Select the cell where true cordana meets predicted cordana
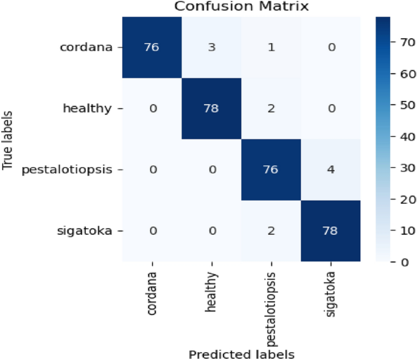(x=152, y=48)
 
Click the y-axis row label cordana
(x=86, y=48)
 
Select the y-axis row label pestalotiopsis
(x=67, y=170)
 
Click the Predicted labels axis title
(x=242, y=353)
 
